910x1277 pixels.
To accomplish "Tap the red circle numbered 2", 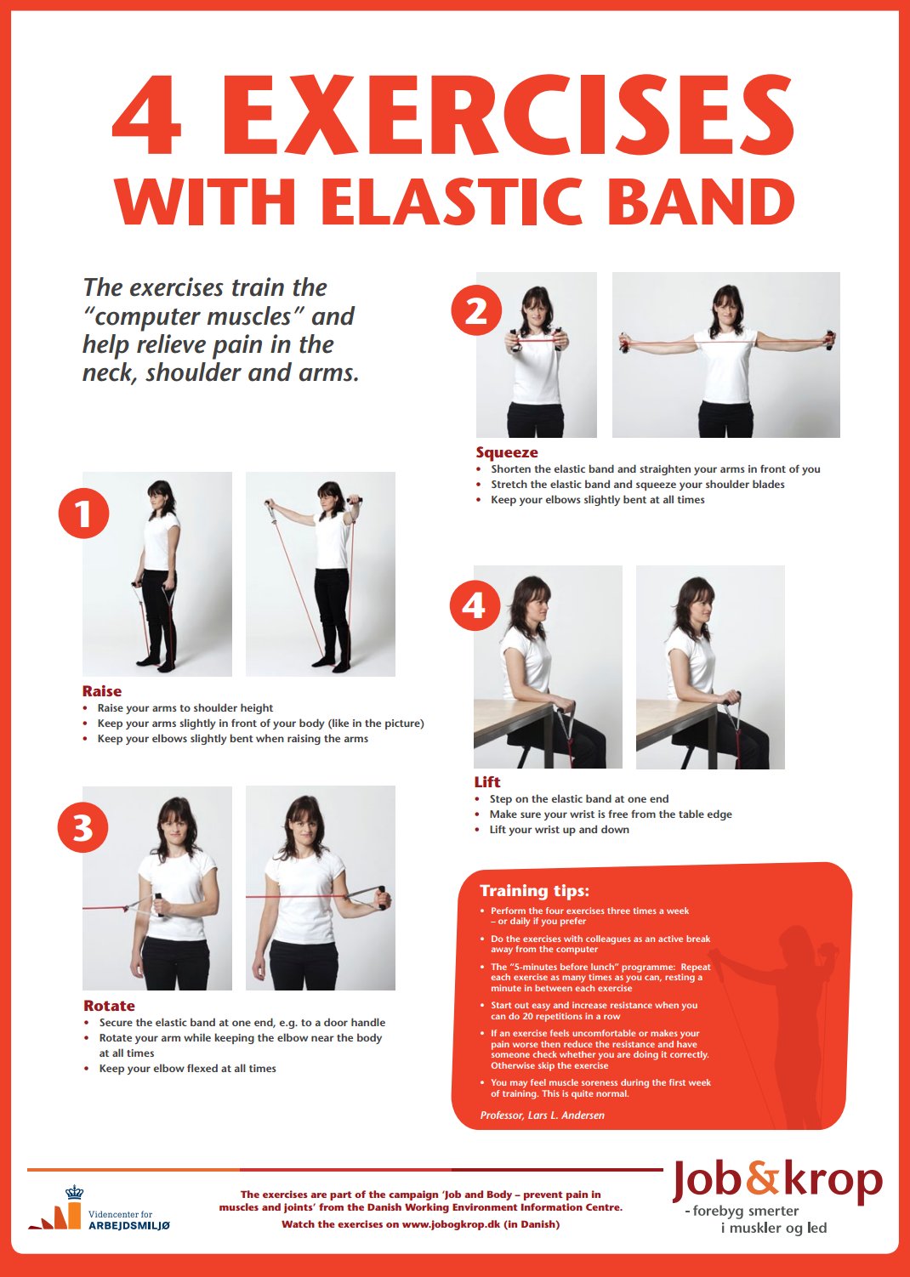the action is [x=476, y=311].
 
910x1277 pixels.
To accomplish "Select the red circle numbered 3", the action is [x=83, y=827].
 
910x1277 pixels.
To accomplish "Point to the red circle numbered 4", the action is [x=475, y=605].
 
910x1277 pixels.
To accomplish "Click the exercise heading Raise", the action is [x=102, y=691].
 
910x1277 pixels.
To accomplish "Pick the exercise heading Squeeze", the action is [x=507, y=452].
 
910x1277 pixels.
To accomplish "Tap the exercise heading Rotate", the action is [x=110, y=1006].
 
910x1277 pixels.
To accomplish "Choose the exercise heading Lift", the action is [x=487, y=782].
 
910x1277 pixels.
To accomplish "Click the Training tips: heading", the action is [x=534, y=890].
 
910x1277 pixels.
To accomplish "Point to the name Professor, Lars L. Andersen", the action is [x=543, y=1115].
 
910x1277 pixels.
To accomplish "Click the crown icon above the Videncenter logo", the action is [x=74, y=1191].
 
